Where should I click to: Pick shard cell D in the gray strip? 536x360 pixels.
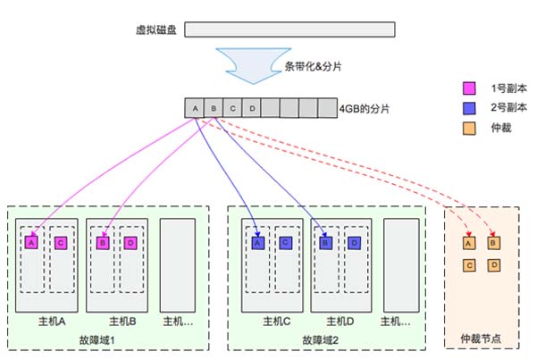254,109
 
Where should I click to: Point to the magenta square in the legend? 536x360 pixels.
468,88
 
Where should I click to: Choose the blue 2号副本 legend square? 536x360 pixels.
468,107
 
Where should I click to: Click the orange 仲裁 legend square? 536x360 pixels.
468,127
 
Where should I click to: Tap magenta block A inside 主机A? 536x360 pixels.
32,242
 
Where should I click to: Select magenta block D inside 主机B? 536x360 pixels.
130,242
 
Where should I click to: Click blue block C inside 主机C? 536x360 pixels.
285,242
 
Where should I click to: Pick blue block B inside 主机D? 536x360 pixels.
326,242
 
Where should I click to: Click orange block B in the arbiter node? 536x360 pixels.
493,242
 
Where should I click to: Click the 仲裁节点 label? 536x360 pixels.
482,339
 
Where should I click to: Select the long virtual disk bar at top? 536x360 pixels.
285,29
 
